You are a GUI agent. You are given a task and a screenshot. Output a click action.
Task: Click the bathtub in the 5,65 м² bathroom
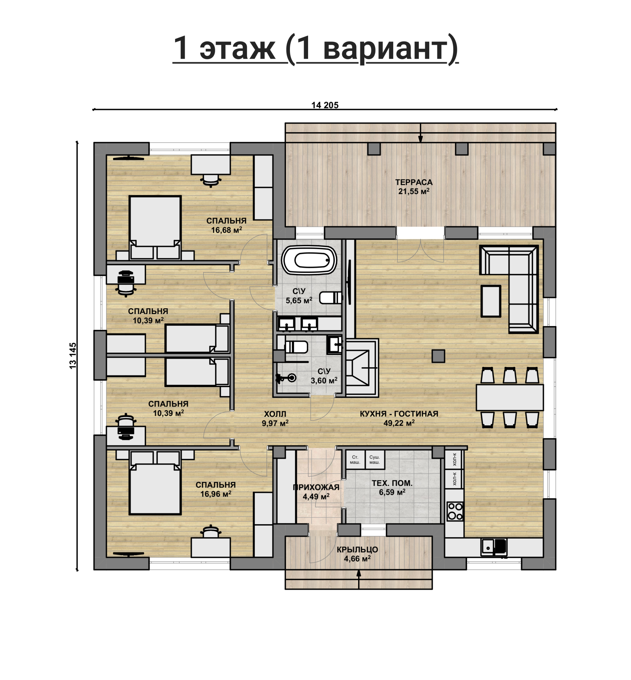(309, 260)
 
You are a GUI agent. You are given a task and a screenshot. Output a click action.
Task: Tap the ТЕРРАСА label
(414, 182)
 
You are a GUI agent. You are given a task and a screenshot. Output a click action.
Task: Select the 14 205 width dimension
(325, 105)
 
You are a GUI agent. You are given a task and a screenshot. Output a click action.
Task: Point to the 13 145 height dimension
(73, 355)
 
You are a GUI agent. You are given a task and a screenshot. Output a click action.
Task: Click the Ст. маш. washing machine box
(355, 460)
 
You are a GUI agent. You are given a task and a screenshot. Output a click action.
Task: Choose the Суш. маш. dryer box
(375, 460)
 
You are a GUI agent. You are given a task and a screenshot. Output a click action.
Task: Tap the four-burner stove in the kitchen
(455, 511)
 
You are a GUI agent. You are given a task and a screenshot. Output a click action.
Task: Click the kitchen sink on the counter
(494, 547)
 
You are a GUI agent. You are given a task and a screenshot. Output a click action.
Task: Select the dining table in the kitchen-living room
(510, 398)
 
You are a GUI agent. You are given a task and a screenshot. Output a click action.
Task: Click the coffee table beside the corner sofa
(491, 301)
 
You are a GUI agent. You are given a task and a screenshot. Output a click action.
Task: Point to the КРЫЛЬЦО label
(357, 550)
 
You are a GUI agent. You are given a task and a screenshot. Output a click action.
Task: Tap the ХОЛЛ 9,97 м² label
(275, 419)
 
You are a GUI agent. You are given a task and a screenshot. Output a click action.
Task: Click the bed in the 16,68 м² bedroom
(155, 227)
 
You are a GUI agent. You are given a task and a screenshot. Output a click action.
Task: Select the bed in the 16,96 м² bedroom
(155, 483)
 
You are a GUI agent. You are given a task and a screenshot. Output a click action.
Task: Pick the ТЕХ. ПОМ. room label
(392, 483)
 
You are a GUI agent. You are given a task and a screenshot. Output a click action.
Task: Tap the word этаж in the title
(237, 49)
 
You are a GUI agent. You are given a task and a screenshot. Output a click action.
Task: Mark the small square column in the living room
(438, 356)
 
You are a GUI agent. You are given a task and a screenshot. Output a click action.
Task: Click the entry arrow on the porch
(358, 579)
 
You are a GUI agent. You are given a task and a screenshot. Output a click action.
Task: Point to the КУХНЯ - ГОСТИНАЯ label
(399, 414)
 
